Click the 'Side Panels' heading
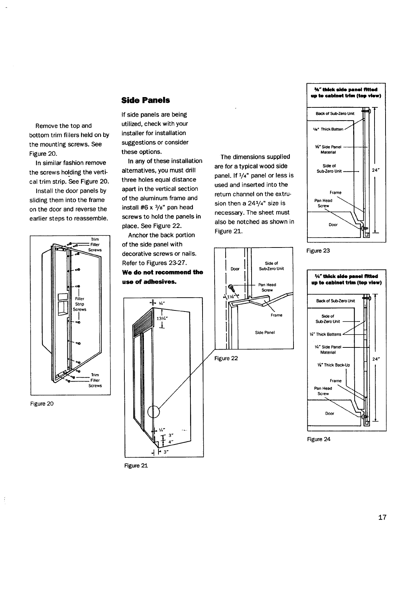click(x=145, y=100)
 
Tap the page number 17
click(x=382, y=517)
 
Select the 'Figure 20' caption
click(x=42, y=404)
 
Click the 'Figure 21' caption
click(x=136, y=465)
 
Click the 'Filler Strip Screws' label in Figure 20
click(x=80, y=304)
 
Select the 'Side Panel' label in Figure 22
click(x=265, y=332)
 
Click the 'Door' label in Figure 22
click(x=235, y=269)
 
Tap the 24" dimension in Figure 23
click(x=376, y=170)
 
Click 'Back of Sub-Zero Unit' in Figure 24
click(x=335, y=301)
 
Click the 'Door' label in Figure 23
click(x=333, y=225)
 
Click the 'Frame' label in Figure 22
click(x=276, y=315)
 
